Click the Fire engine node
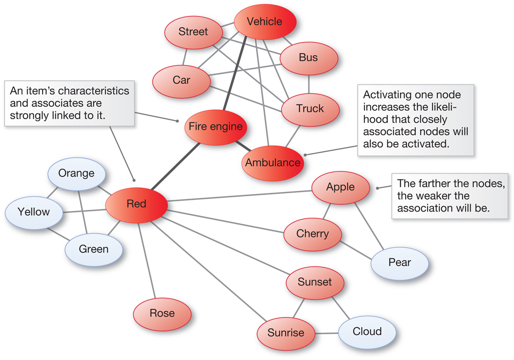(215, 126)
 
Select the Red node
(137, 204)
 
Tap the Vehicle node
(265, 22)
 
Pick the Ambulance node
(272, 163)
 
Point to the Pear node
(399, 262)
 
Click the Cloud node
(367, 331)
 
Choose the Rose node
(162, 313)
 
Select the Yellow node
(34, 212)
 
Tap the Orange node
(76, 173)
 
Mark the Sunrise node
(286, 333)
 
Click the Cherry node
(313, 234)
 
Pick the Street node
(193, 32)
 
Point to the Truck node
(310, 108)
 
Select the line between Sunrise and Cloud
(326, 333)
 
